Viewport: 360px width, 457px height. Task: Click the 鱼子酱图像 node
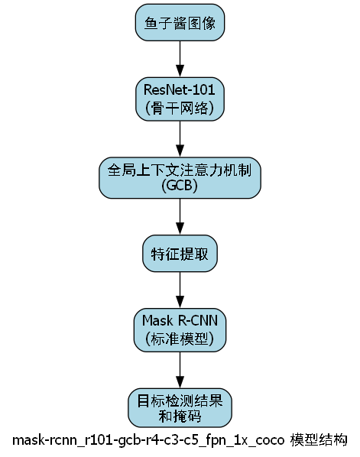pyautogui.click(x=180, y=23)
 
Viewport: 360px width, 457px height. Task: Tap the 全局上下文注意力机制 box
pyautogui.click(x=180, y=177)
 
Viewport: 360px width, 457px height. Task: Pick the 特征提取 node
pyautogui.click(x=180, y=254)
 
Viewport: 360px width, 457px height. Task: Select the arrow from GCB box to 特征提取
pyautogui.click(x=180, y=216)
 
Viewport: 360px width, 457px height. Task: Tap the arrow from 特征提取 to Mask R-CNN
pyautogui.click(x=180, y=290)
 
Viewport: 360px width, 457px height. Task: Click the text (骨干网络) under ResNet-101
pyautogui.click(x=180, y=108)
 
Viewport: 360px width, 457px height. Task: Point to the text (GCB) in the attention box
pyautogui.click(x=180, y=186)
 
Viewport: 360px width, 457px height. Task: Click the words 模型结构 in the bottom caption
pyautogui.click(x=319, y=441)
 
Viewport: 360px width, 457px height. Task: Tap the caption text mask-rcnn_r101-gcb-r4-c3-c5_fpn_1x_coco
pyautogui.click(x=149, y=441)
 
